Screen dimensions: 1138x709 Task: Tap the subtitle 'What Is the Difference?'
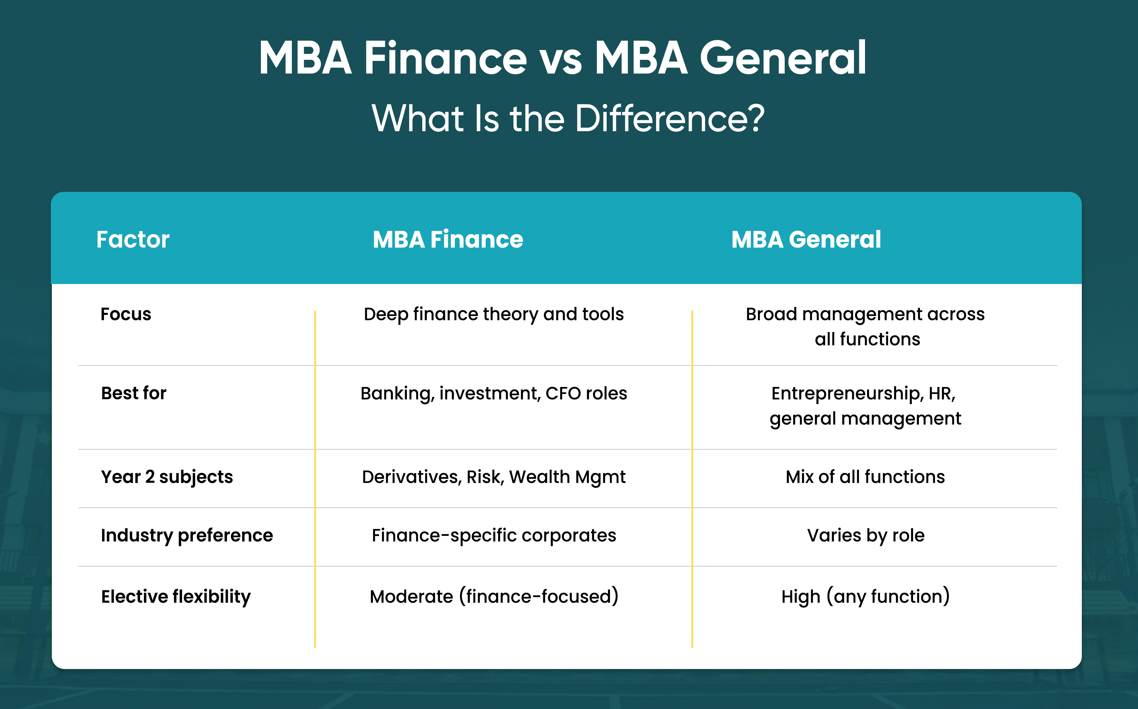(568, 118)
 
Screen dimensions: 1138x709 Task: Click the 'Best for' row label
(134, 393)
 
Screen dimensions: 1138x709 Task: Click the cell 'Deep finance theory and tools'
(494, 314)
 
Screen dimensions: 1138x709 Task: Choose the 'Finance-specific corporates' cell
(494, 536)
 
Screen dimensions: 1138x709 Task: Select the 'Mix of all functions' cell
(865, 477)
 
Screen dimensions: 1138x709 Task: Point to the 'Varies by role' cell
(866, 536)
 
